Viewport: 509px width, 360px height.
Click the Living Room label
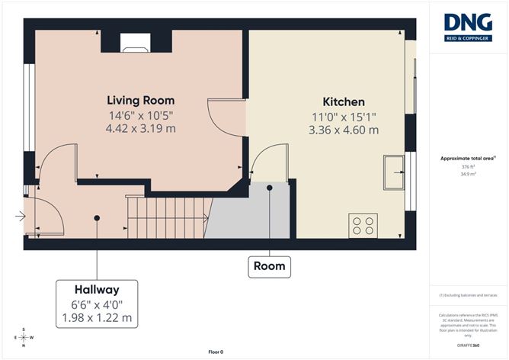tap(140, 101)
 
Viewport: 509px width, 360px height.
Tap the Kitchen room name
tap(344, 101)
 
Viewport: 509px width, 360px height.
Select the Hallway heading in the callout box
tap(97, 290)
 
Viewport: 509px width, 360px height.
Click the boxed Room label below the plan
tap(270, 266)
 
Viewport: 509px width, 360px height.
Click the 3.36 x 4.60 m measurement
tap(344, 130)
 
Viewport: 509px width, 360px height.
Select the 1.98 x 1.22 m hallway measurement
tap(97, 317)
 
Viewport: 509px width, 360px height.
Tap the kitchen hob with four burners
tap(364, 225)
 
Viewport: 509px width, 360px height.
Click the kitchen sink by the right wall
tap(395, 172)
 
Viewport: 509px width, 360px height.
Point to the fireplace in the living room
tap(136, 43)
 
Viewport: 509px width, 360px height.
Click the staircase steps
tap(168, 217)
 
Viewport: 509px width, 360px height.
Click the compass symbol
tap(24, 336)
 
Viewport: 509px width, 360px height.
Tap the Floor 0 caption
tap(216, 352)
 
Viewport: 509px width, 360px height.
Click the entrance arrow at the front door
tap(20, 217)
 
